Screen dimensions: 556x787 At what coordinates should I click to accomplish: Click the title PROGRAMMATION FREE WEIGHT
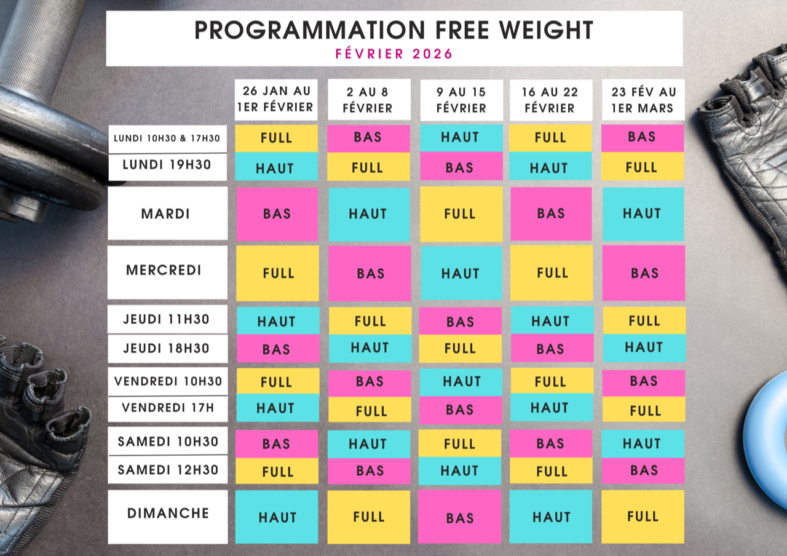pos(393,30)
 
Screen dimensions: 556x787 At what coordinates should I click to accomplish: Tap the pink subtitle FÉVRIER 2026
pos(393,54)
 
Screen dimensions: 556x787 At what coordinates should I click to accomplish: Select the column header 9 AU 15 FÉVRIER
pos(461,100)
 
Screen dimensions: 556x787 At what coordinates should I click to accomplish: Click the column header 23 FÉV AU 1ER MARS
pos(643,100)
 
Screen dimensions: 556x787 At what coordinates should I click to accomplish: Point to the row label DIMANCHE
pos(167,513)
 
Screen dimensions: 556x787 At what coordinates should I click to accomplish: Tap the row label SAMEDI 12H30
pos(167,470)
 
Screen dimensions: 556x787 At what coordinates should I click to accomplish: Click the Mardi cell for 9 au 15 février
pos(461,213)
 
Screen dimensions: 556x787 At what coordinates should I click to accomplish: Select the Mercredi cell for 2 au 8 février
pos(370,273)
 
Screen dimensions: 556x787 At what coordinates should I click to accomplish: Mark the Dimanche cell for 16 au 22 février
pos(551,517)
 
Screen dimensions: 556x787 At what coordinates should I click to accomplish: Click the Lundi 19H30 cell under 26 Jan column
pos(277,167)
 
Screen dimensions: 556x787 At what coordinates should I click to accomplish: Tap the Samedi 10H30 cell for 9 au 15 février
pos(461,443)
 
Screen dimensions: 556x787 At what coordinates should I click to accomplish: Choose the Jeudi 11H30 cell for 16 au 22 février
pos(551,320)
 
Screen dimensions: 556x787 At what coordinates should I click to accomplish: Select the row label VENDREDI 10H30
pos(167,381)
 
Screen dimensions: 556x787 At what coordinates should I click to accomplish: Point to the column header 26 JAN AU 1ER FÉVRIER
pos(277,100)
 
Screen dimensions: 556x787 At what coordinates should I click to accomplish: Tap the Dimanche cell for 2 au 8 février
pos(369,517)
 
